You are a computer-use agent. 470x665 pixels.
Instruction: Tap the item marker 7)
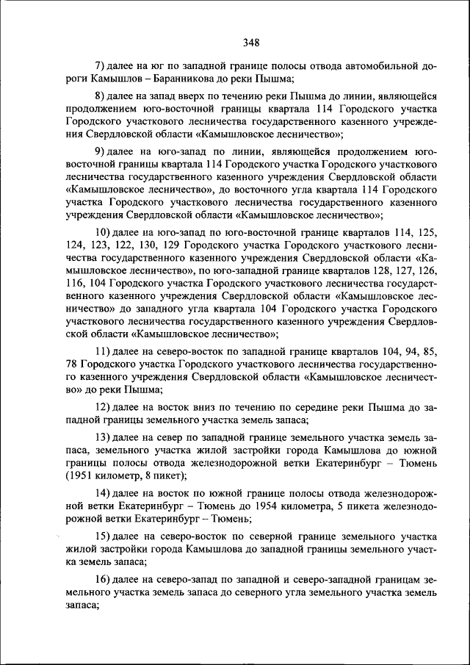click(103, 65)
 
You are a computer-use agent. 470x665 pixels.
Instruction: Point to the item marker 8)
click(103, 96)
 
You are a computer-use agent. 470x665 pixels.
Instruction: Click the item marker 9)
click(103, 153)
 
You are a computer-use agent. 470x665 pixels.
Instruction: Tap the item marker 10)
click(106, 233)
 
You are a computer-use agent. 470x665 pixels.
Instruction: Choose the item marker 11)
click(106, 352)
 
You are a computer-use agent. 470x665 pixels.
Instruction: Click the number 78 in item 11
click(72, 364)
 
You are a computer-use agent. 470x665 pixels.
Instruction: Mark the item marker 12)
click(106, 407)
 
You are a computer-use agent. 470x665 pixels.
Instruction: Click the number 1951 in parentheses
click(79, 475)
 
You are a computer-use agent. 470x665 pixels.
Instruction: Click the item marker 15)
click(106, 536)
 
